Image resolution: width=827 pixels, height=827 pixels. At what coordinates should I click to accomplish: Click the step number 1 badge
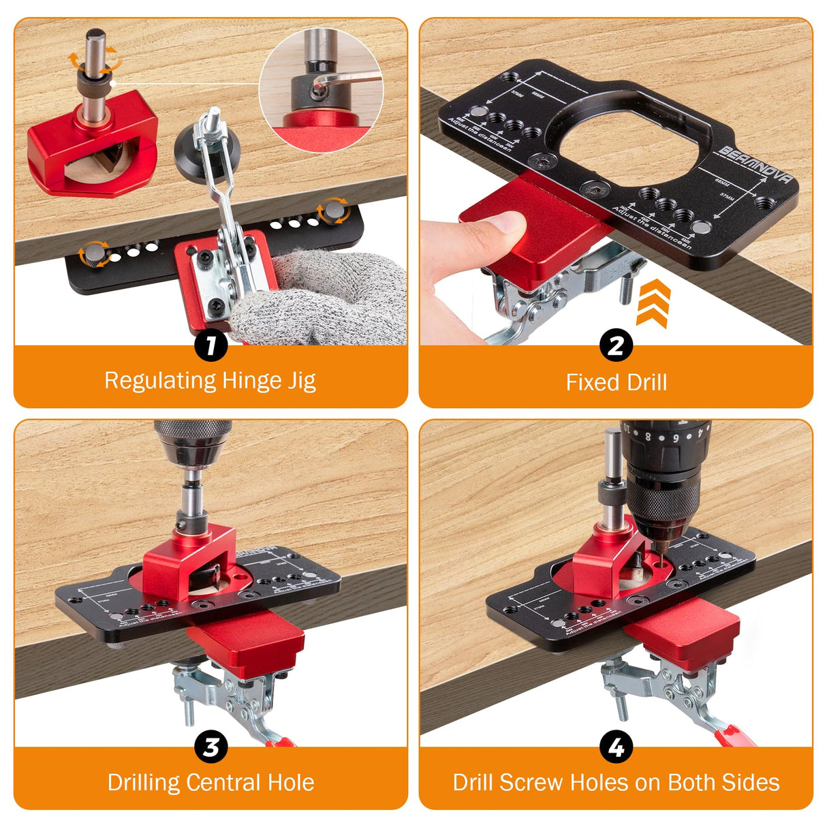click(210, 345)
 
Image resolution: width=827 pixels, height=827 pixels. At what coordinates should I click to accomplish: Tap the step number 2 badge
click(616, 345)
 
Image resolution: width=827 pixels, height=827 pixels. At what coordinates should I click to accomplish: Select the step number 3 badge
click(210, 747)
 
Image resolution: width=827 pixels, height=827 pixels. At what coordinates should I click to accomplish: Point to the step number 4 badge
click(616, 747)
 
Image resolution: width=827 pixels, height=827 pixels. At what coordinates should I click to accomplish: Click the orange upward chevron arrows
click(653, 303)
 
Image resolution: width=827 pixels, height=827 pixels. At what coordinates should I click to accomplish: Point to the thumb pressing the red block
click(497, 225)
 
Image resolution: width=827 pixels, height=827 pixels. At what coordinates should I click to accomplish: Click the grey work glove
click(320, 300)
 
